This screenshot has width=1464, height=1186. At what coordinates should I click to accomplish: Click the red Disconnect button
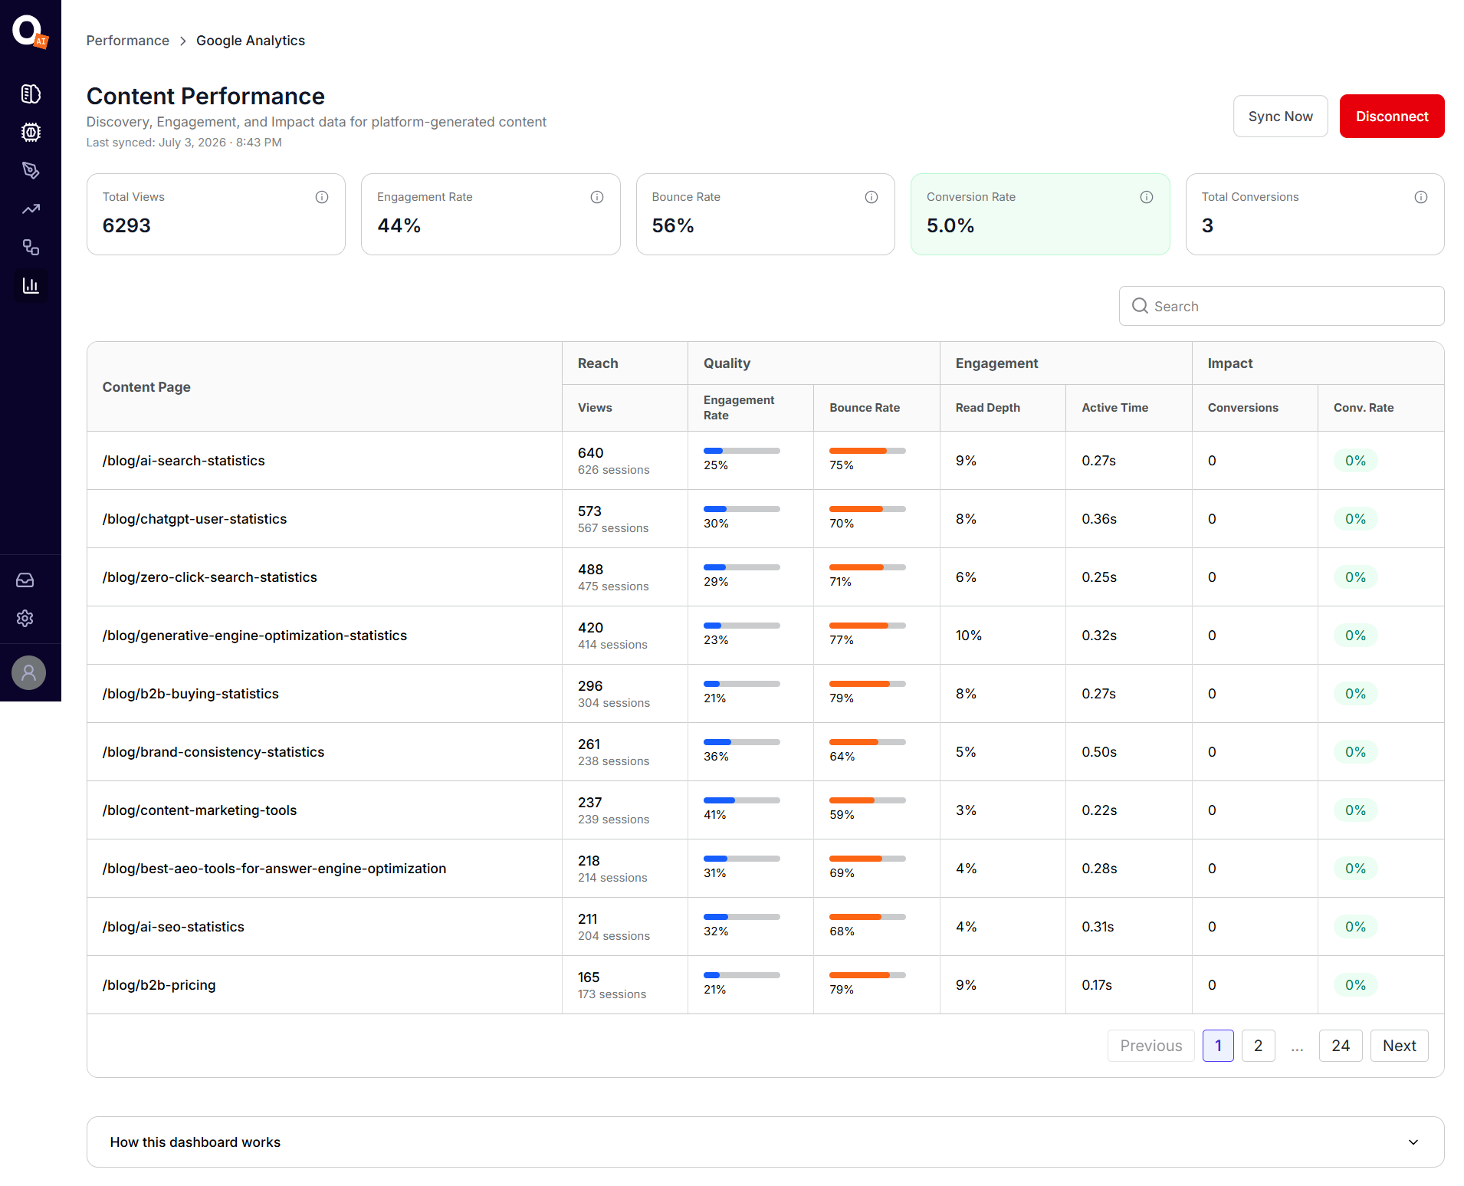(1391, 117)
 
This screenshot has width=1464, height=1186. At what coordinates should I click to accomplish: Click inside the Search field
(1281, 306)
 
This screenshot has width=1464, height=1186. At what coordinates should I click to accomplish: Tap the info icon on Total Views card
(322, 197)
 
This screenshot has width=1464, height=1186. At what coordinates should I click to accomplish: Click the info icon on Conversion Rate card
(1146, 197)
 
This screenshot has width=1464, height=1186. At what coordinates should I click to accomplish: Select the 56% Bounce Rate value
(672, 225)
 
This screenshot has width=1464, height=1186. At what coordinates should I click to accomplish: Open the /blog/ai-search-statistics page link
(183, 461)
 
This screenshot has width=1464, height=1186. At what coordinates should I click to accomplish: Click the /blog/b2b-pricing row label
(159, 985)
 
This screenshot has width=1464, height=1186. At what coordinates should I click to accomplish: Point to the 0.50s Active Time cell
(1098, 752)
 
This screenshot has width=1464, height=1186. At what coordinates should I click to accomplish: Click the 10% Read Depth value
(968, 636)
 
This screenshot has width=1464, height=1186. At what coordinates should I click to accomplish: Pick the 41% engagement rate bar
(741, 800)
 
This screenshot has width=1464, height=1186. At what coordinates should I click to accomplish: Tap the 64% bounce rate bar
(867, 742)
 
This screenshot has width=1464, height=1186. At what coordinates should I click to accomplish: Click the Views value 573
(589, 511)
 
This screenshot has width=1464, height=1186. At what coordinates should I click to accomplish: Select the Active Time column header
(1114, 408)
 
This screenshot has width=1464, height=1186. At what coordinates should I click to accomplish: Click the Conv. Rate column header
(1363, 408)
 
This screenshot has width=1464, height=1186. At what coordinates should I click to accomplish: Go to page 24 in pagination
(1340, 1046)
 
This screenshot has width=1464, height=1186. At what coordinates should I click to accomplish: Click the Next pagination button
(1399, 1046)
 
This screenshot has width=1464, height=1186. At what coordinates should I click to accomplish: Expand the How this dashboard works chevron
(1413, 1142)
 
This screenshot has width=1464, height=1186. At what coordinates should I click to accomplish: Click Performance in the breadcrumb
(127, 41)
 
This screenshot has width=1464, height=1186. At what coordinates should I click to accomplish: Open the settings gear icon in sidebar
(25, 619)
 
